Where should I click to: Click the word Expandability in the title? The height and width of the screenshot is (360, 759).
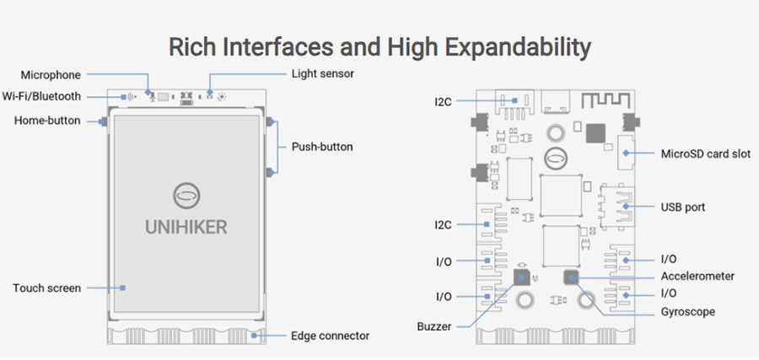coord(508,46)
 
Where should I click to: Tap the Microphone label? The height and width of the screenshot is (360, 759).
coord(51,75)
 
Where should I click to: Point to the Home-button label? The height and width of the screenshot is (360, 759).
coord(47,121)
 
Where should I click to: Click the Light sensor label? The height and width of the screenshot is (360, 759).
coord(322,74)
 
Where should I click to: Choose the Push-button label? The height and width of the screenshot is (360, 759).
coord(322,147)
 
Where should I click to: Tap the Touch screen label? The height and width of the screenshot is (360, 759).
coord(46,288)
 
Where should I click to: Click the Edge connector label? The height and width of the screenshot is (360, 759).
coord(330,336)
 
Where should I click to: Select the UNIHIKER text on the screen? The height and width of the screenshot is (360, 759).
coord(186,227)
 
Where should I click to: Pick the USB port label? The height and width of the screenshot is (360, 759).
coord(684,207)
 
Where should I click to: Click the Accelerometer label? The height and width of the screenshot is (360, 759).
coord(698,276)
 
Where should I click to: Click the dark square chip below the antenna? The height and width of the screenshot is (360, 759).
coord(596,133)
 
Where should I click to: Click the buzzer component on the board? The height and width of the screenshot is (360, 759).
coord(522,277)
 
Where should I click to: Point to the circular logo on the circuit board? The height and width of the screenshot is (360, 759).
coord(556,158)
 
